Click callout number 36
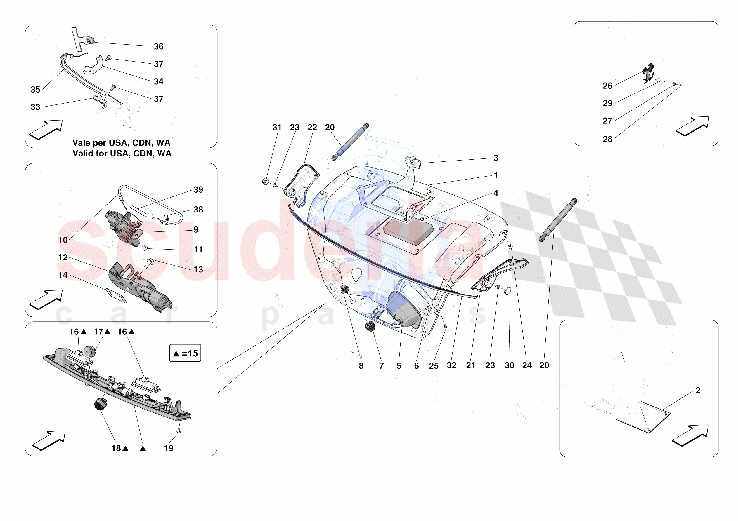[158, 47]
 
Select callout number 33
[35, 107]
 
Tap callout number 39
[198, 190]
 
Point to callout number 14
[63, 275]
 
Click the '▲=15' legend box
[185, 353]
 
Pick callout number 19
[169, 448]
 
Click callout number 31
[277, 128]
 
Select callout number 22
[312, 128]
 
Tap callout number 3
[496, 158]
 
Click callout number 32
[452, 365]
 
